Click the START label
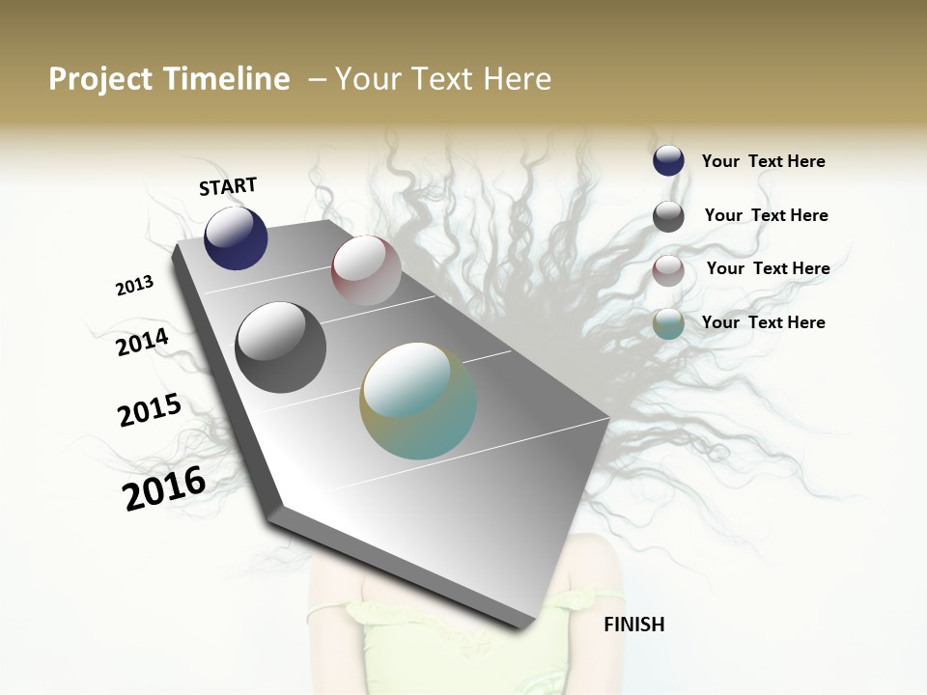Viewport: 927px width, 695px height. (x=228, y=186)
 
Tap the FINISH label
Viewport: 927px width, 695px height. (x=633, y=625)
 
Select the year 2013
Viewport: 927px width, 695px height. (x=134, y=286)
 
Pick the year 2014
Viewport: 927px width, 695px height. (x=142, y=343)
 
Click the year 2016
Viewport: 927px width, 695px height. (x=164, y=487)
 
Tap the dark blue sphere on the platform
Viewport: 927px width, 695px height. (x=236, y=237)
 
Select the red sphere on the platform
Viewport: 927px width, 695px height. (x=366, y=270)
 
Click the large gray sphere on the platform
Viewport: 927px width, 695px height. (x=280, y=347)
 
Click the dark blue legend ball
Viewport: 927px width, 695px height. (x=668, y=160)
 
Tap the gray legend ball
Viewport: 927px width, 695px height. (x=668, y=216)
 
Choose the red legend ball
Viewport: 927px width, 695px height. (x=668, y=270)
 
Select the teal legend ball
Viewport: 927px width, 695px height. (x=668, y=323)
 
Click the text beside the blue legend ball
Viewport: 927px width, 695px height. (x=763, y=161)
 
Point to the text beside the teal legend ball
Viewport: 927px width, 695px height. (x=763, y=322)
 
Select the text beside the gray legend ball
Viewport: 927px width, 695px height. (x=766, y=215)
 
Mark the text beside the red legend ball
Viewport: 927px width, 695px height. (x=768, y=268)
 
